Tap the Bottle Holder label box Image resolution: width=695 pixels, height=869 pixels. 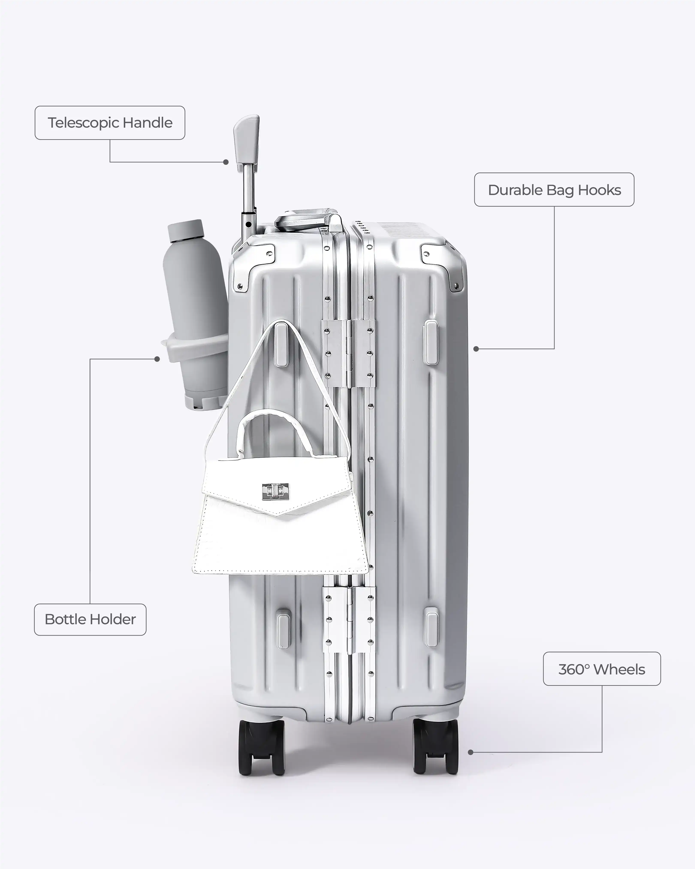click(90, 620)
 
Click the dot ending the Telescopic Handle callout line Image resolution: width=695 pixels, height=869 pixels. click(226, 162)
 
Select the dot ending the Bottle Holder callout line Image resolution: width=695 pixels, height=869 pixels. click(157, 359)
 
